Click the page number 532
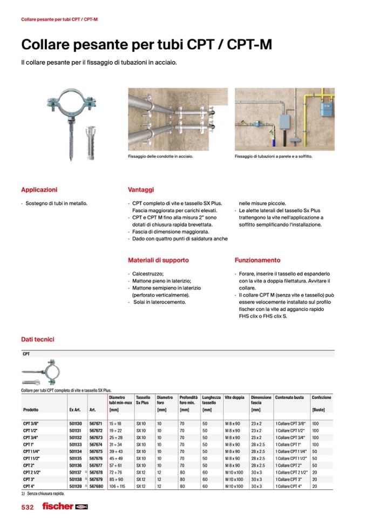pos(28,507)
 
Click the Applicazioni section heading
pos(39,190)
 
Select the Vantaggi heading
pos(141,190)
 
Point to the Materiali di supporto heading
pos(158,260)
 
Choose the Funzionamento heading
pos(257,260)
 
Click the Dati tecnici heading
pos(37,339)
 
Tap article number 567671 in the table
pos(96,423)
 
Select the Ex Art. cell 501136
pos(76,465)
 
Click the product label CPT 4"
pos(30,486)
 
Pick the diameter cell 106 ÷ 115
pos(117,486)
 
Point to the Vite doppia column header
pos(234,398)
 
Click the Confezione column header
pos(321,398)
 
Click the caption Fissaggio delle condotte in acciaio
pos(160,157)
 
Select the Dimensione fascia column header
pos(261,400)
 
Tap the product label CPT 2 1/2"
pos(32,472)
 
